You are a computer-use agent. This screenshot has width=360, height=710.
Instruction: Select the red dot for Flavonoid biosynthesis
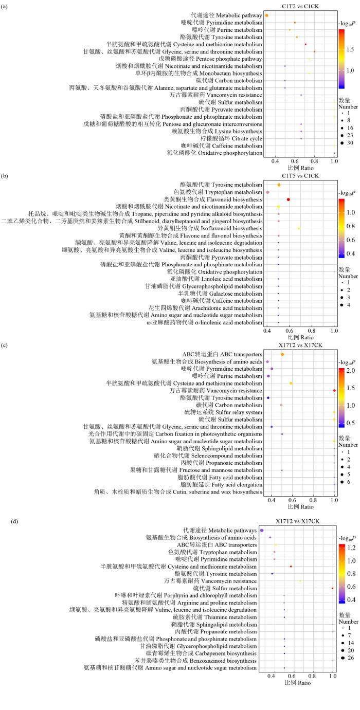pos(289,199)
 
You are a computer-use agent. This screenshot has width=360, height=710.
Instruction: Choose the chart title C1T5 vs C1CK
pos(301,176)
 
